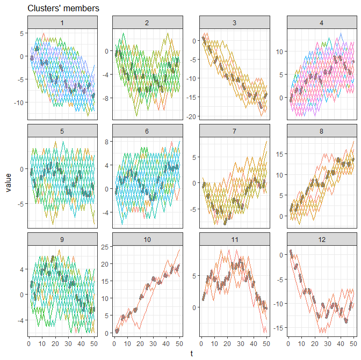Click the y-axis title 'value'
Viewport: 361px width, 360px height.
9,182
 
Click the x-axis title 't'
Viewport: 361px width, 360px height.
191,353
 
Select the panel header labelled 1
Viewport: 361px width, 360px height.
62,23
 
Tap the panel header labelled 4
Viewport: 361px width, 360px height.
321,23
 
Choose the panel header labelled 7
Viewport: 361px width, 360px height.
234,131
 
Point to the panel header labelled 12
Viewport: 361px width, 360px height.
321,239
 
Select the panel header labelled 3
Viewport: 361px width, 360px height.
234,23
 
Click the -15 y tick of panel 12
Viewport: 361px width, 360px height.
278,327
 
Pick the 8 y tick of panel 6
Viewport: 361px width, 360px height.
106,142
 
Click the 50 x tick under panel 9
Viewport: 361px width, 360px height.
94,341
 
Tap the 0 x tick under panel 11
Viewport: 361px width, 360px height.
201,341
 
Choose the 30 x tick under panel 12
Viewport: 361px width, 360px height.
328,341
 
